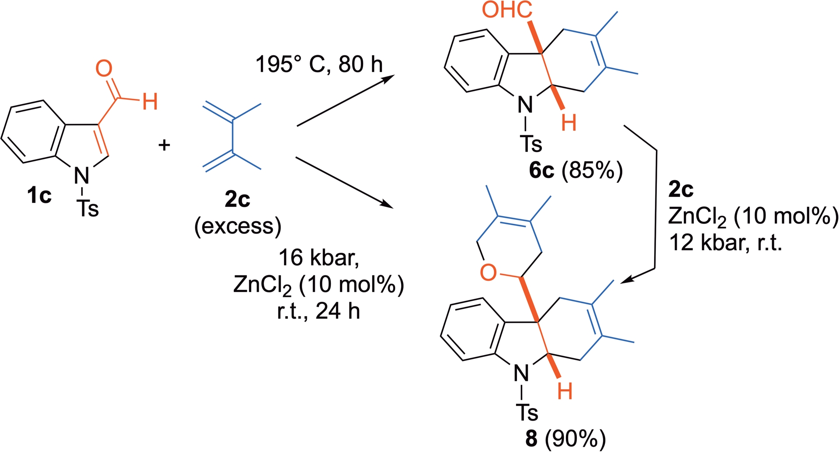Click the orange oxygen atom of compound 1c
(104, 69)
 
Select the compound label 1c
(39, 195)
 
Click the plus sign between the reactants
(164, 145)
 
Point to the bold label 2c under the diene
(237, 199)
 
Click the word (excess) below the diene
(238, 226)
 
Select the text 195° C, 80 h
(319, 65)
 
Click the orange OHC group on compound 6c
(507, 10)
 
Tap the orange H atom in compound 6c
(569, 123)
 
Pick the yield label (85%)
(592, 171)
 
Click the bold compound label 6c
(541, 171)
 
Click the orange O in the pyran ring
(488, 273)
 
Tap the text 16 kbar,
(319, 258)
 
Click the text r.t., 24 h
(319, 311)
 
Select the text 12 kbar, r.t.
(725, 242)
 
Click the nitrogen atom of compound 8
(521, 373)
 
